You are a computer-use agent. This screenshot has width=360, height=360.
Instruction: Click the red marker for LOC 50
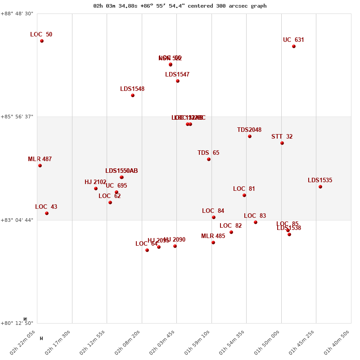[x=42, y=41]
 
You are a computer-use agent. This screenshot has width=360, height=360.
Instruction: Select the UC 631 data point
[x=294, y=46]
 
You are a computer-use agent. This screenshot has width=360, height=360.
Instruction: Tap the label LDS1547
[x=177, y=75]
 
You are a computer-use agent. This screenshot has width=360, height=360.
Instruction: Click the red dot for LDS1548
[x=133, y=95]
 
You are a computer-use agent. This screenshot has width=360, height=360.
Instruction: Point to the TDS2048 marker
[x=250, y=136]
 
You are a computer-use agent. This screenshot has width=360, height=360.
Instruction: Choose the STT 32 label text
[x=282, y=137]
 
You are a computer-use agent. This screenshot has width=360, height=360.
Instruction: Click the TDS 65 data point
[x=209, y=159]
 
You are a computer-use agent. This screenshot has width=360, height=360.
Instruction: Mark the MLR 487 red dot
[x=40, y=166]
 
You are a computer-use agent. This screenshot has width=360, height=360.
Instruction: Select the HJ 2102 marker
[x=96, y=189]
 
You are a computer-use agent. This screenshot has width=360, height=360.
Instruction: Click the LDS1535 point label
[x=320, y=180]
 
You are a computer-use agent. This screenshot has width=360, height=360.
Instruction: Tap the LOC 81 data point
[x=244, y=195]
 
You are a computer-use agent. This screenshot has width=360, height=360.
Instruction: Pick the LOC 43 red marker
[x=47, y=213]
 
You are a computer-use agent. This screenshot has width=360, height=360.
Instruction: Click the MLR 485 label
[x=213, y=236]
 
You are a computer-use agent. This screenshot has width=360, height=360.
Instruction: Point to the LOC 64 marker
[x=147, y=250]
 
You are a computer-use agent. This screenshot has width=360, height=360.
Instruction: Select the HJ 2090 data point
[x=175, y=246]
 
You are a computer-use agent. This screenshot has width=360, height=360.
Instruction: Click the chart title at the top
[x=180, y=6]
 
